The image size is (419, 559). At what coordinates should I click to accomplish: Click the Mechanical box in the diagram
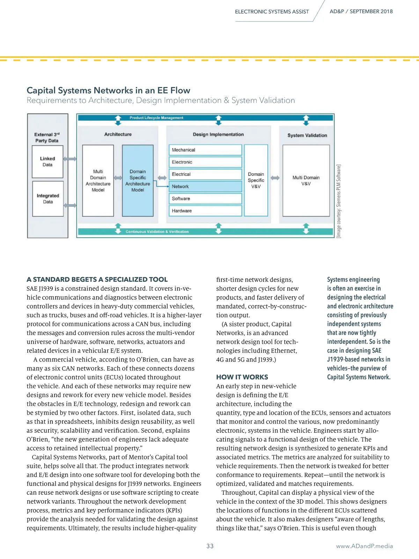click(205, 150)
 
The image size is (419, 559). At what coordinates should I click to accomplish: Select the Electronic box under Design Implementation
click(205, 162)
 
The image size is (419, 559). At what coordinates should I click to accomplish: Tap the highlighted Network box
click(205, 187)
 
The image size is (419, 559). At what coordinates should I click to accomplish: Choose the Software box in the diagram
click(205, 198)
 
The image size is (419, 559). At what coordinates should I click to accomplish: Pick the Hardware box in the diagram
click(205, 211)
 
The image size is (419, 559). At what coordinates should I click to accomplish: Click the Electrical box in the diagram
click(205, 174)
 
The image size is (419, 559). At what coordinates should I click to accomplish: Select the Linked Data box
click(47, 162)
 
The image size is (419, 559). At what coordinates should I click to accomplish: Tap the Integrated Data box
click(48, 198)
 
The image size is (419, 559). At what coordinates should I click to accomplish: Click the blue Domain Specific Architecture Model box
click(138, 181)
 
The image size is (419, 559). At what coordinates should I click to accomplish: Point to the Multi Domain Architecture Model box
click(98, 181)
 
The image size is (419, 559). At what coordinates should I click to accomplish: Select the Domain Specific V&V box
click(256, 180)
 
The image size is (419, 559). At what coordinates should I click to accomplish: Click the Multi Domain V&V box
click(306, 181)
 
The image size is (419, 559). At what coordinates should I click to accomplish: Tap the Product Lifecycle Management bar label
click(156, 118)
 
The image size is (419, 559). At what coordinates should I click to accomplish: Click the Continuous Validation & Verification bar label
click(157, 232)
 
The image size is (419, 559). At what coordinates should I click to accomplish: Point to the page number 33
click(210, 546)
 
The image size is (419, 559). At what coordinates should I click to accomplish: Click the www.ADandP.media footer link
click(364, 546)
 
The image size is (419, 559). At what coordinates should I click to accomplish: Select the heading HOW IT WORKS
click(242, 377)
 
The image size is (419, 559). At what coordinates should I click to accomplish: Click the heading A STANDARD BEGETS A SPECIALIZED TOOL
click(97, 279)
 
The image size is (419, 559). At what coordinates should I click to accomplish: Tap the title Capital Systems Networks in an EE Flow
click(108, 90)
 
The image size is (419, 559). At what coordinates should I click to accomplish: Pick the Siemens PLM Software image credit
click(338, 201)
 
